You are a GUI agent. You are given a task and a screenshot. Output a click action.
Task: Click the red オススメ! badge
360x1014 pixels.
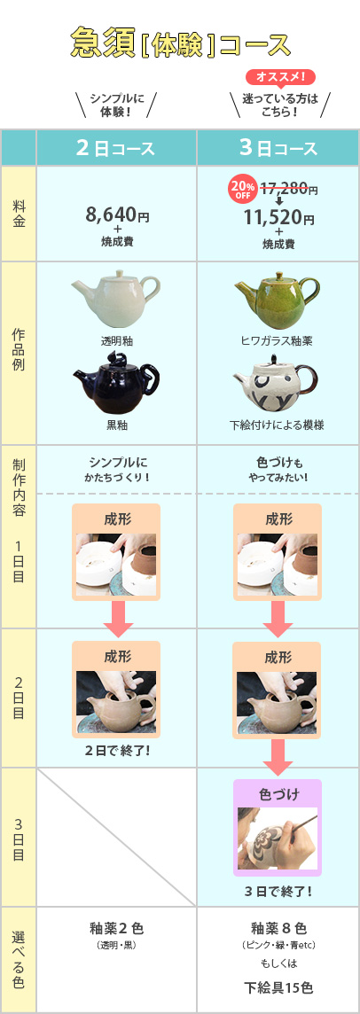point(280,77)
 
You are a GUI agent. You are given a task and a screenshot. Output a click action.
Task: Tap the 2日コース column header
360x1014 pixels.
point(116,148)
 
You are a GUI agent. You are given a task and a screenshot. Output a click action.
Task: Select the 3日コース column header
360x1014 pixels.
point(278,148)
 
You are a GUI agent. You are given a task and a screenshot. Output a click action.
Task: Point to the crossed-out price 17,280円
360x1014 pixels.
point(289,189)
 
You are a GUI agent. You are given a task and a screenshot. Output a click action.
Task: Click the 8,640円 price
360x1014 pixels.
point(116,214)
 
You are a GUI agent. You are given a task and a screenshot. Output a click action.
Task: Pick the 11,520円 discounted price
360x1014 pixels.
point(279,219)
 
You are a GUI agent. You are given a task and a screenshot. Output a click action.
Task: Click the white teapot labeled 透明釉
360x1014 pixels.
point(115,299)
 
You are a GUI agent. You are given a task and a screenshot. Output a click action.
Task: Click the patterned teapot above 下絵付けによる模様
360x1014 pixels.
point(277,386)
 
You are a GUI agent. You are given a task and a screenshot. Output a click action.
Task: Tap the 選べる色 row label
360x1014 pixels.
point(19,959)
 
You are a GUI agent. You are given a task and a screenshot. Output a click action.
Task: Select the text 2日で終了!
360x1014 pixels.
point(116,752)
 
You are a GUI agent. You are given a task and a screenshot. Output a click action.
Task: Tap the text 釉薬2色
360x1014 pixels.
point(116,929)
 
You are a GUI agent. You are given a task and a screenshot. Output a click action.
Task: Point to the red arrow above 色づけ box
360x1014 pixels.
point(278,757)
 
